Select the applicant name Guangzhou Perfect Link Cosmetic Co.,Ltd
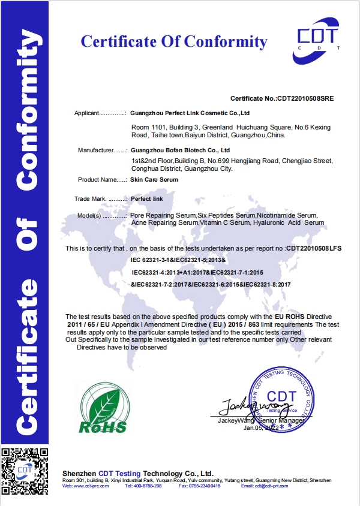click(x=190, y=113)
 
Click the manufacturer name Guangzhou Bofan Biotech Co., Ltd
click(x=181, y=150)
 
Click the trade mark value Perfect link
click(x=146, y=198)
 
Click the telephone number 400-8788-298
click(x=148, y=486)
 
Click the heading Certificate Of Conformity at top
click(x=174, y=41)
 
